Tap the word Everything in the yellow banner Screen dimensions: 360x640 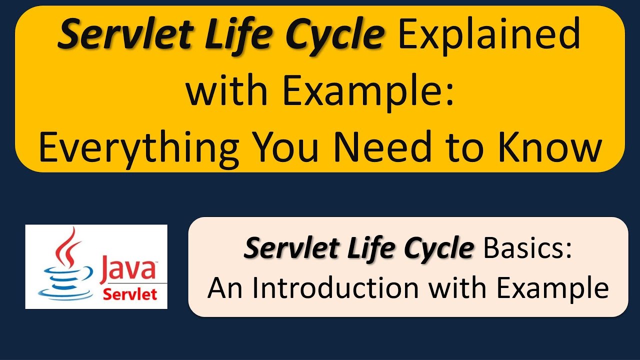[x=138, y=148]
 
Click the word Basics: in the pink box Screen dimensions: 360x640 [x=527, y=248]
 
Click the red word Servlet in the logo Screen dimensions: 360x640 [x=129, y=294]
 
